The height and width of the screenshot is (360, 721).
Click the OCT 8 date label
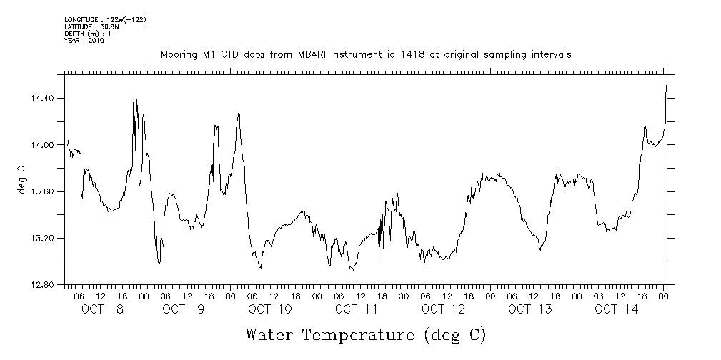point(102,309)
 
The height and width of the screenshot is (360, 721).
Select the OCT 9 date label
point(184,309)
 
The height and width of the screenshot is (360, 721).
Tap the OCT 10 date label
point(270,309)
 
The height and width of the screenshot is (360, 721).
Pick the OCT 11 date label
point(356,309)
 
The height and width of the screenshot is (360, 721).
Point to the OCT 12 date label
point(443,309)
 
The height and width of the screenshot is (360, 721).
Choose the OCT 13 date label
point(529,309)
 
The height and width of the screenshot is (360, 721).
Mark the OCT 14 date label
point(616,309)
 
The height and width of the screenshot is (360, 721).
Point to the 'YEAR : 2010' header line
point(84,41)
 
